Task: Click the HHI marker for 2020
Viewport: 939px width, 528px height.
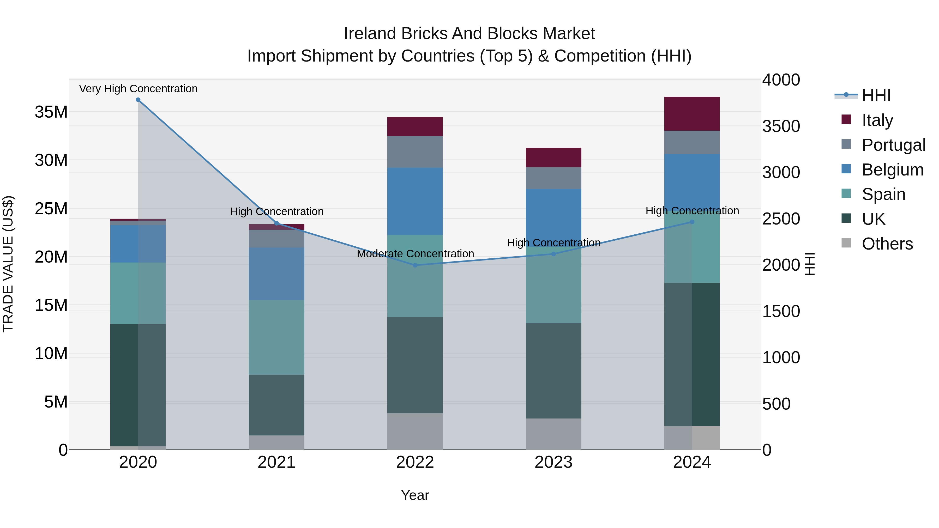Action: point(138,100)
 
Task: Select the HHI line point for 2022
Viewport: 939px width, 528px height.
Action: point(415,265)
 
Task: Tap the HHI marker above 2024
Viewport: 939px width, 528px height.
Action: point(692,222)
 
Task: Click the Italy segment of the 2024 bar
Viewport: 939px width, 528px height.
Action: point(692,114)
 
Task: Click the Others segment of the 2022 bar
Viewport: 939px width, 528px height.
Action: point(415,432)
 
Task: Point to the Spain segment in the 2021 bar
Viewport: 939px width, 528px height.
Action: point(276,337)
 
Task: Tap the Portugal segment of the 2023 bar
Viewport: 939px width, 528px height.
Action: point(553,178)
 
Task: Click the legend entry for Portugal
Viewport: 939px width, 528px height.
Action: point(893,145)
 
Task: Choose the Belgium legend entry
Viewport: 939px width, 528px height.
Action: point(892,170)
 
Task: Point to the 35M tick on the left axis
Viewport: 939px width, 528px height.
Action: point(51,112)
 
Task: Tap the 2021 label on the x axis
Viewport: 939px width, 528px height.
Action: point(276,462)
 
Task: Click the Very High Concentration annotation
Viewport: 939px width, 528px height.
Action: point(138,89)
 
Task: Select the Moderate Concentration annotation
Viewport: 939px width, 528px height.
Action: point(415,254)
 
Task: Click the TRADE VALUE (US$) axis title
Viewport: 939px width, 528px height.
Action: point(8,264)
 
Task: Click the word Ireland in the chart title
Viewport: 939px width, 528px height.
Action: point(370,34)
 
